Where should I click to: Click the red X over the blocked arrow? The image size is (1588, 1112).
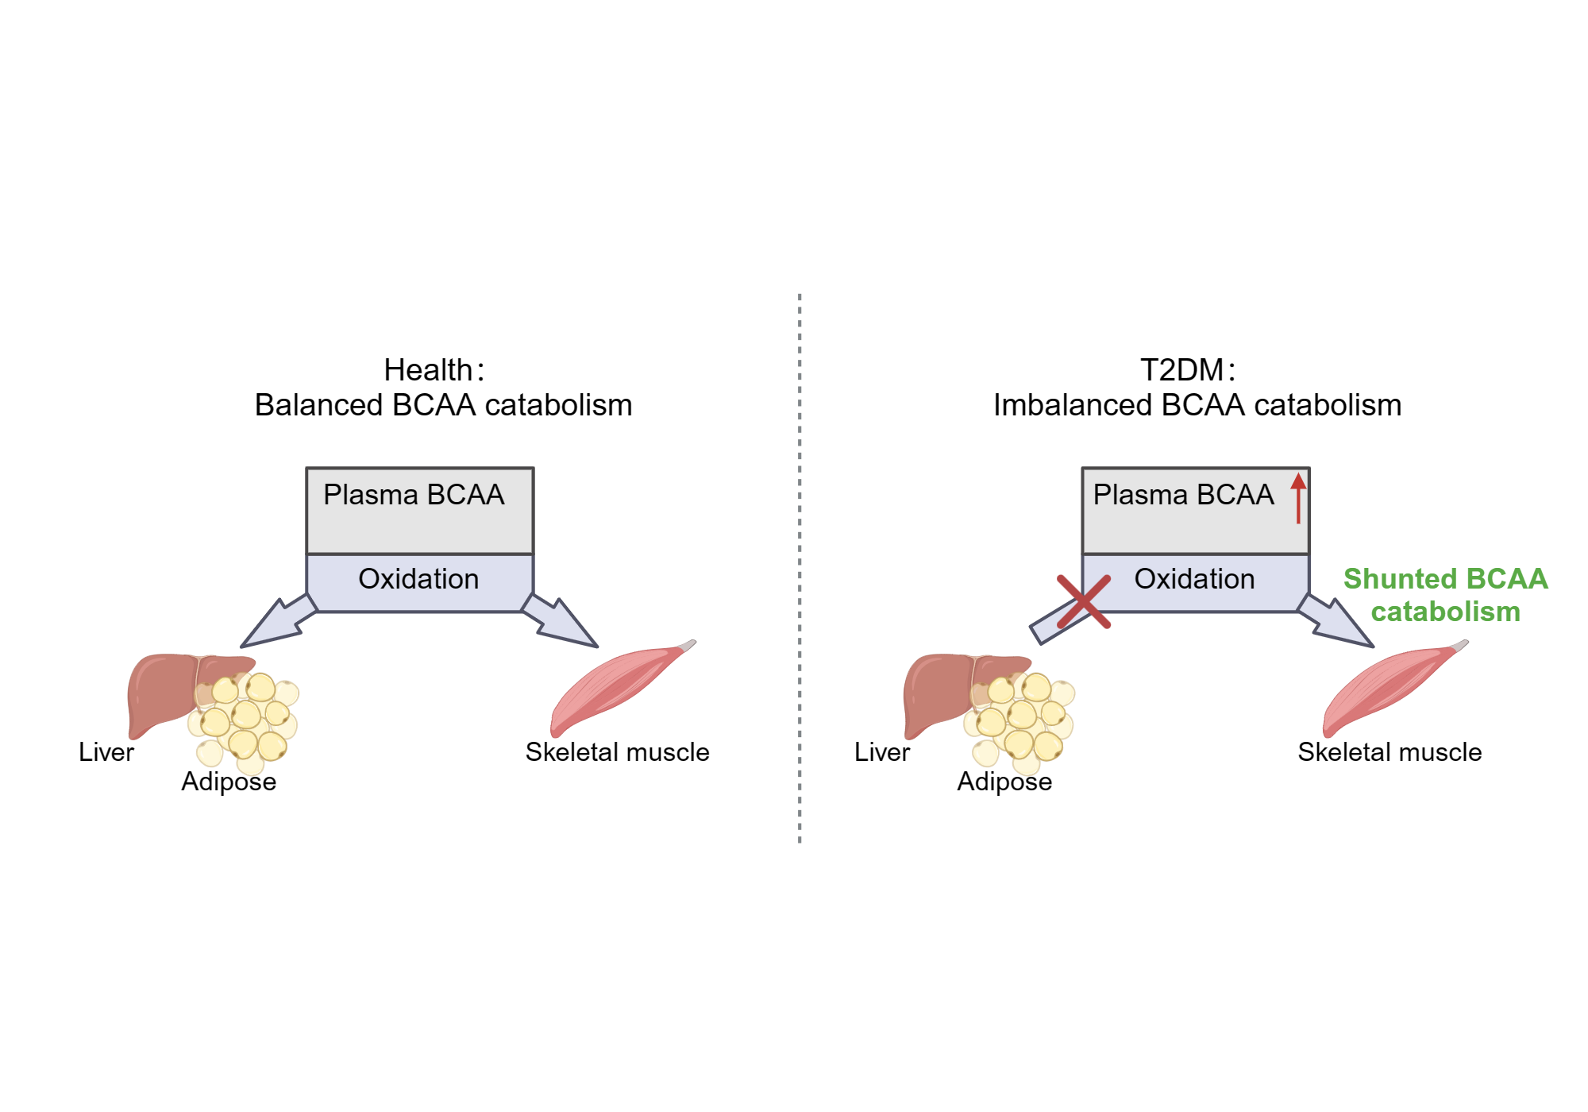(1084, 602)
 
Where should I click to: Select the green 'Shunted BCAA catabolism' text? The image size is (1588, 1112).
(1445, 595)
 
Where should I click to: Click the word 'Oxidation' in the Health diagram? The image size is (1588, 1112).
(418, 579)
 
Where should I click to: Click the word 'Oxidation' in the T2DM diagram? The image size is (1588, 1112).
(1194, 579)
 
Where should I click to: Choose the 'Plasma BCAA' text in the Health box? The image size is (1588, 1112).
(414, 495)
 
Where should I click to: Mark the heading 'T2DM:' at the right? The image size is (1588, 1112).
(1187, 370)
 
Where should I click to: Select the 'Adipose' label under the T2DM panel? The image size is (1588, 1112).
(1004, 782)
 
